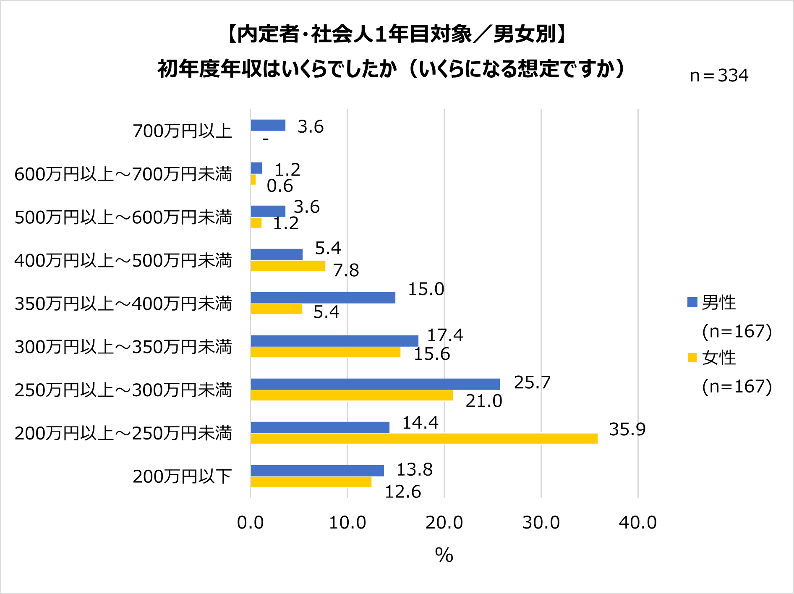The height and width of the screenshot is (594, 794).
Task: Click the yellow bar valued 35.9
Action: (424, 439)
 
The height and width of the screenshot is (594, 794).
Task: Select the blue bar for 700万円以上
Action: (268, 125)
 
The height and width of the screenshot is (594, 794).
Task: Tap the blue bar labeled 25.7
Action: (375, 384)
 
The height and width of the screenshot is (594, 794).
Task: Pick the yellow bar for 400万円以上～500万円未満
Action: (287, 266)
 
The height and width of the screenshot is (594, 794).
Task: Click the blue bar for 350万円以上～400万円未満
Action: (323, 298)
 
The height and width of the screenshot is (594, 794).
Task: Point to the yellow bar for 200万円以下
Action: (311, 482)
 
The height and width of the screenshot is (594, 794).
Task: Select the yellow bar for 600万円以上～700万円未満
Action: (253, 180)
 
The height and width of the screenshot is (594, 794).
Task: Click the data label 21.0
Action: (483, 401)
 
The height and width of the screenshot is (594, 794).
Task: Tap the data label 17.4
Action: (445, 335)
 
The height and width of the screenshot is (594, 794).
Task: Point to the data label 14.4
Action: (420, 423)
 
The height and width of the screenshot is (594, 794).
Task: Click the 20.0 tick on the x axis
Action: (444, 523)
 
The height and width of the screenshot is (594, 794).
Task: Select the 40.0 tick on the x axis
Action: (637, 523)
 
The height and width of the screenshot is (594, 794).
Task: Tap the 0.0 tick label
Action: (250, 523)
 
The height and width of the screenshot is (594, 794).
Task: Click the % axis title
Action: (444, 555)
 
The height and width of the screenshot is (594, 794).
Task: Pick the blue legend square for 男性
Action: (692, 302)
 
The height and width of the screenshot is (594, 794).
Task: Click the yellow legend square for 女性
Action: (692, 358)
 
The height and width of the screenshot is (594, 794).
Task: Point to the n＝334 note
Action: (719, 76)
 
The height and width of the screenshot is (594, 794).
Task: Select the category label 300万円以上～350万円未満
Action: (123, 347)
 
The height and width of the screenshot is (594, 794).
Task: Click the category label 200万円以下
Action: (182, 476)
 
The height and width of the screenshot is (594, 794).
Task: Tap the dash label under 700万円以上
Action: (266, 139)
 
